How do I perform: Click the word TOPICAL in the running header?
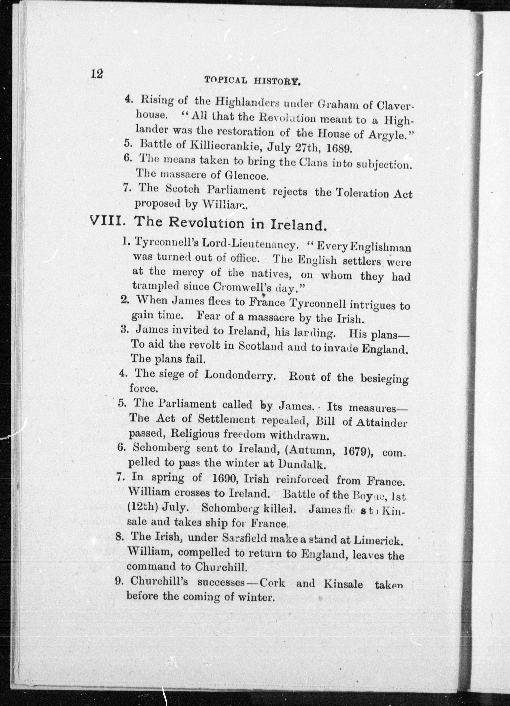click(226, 80)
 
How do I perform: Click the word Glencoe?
click(246, 176)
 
